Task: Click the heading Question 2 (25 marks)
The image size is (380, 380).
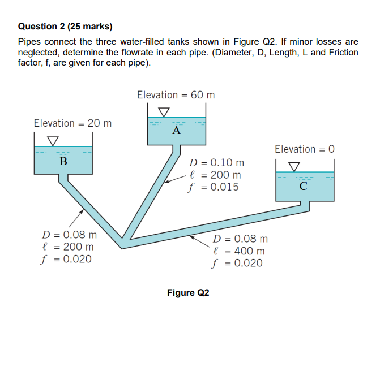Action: coord(65,26)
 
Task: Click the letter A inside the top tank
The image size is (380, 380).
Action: coord(176,132)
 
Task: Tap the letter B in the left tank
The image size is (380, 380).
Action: coord(63,162)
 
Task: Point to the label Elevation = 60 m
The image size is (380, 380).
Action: coord(176,95)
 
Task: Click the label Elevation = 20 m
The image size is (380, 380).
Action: coord(72,123)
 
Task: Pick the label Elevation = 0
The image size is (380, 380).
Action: coord(305,149)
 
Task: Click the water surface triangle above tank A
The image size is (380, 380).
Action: coord(164,112)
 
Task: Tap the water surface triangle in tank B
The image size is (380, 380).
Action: coord(52,140)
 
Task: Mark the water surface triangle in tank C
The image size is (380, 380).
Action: coord(294,166)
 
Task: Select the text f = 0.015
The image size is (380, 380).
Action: coord(214,187)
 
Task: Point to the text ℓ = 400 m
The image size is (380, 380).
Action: coord(238,251)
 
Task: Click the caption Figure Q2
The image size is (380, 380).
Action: coord(188,293)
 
